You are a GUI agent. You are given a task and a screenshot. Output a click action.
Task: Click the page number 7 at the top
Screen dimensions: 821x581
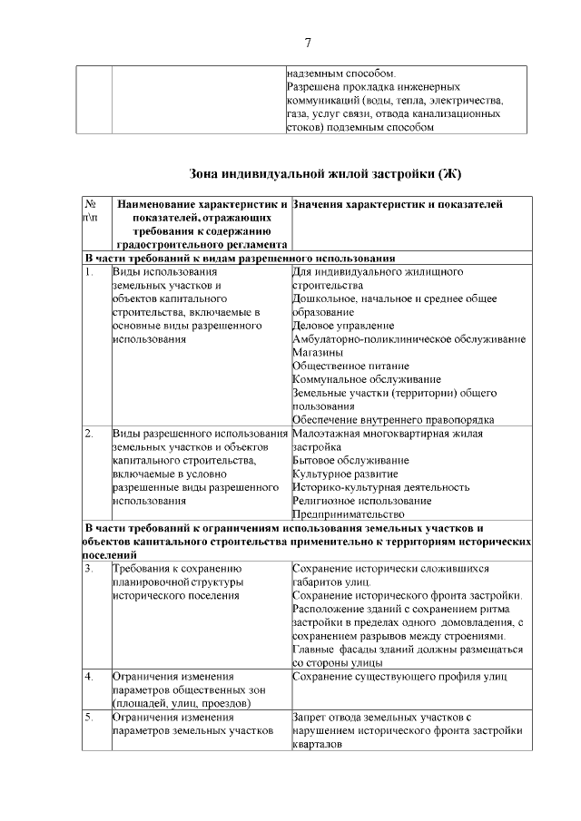point(308,43)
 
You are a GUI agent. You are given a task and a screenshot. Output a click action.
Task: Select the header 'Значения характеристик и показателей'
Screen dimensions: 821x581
point(398,205)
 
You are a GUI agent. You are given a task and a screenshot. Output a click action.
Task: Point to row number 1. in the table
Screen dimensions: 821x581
point(89,271)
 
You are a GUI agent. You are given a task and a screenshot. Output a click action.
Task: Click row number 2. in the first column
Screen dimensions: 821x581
point(89,434)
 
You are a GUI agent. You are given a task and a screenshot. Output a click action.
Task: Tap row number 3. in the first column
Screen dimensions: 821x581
point(89,569)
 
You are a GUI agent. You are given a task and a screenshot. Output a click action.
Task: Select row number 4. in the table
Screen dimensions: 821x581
point(89,677)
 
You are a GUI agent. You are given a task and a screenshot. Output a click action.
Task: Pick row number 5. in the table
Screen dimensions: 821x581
point(89,718)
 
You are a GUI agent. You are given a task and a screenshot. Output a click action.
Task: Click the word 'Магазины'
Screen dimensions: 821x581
point(318,352)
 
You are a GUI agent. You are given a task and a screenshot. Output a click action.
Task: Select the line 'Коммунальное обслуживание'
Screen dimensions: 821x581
point(367,379)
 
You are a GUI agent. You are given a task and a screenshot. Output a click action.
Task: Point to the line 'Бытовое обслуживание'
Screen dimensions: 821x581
point(350,460)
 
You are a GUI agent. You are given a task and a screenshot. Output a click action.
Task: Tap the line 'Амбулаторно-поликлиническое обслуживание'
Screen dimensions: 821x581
point(409,338)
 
